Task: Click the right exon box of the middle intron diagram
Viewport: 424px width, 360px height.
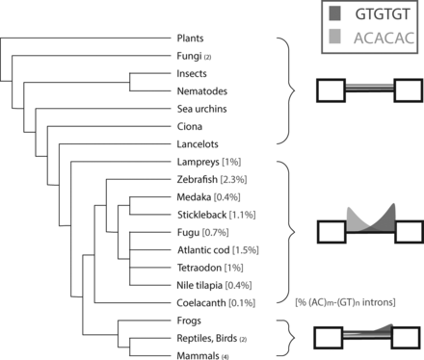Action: [x=405, y=233]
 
